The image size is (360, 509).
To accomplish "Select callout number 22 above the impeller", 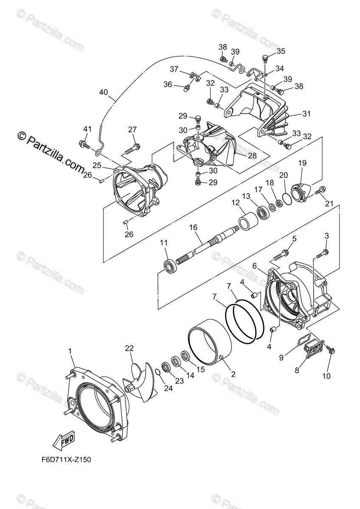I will click(x=129, y=348).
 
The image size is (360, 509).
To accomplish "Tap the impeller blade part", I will click(x=142, y=380).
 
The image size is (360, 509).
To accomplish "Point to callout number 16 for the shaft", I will click(x=194, y=228).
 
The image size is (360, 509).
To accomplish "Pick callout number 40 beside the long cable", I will click(x=104, y=92).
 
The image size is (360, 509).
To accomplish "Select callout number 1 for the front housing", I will click(x=70, y=351).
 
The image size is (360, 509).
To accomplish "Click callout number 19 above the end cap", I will click(x=302, y=162).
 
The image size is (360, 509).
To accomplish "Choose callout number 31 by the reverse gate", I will click(x=307, y=114).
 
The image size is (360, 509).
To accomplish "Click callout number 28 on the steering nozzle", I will click(x=252, y=156).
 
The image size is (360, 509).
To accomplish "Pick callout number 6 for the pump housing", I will click(x=255, y=266).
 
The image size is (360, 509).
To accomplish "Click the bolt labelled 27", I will click(x=132, y=149).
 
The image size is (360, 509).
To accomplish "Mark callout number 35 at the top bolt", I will click(x=281, y=51).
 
